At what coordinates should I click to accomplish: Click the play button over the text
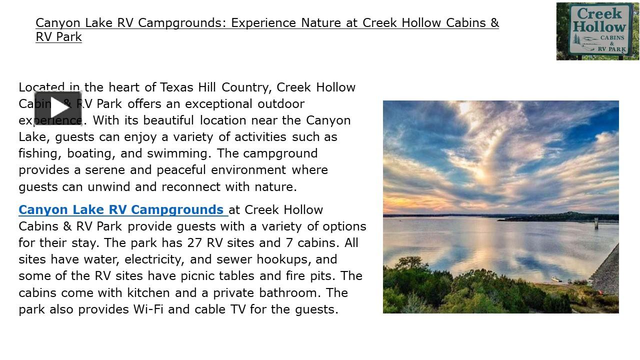(x=58, y=108)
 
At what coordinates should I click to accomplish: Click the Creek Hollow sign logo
(x=597, y=31)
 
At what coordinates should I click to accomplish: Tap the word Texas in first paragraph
(x=177, y=87)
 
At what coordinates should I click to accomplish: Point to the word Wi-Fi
(x=148, y=309)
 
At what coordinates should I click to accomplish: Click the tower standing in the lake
(x=596, y=223)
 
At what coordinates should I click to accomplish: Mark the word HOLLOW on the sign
(x=599, y=26)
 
